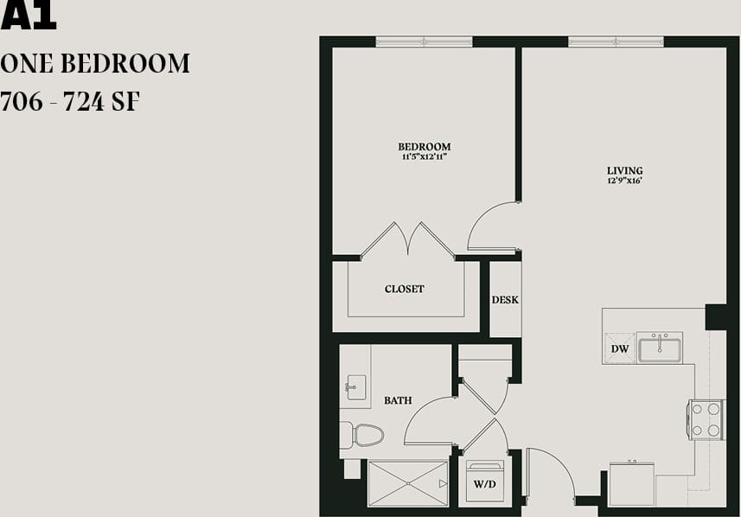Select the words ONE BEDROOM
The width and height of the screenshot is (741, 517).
click(x=95, y=63)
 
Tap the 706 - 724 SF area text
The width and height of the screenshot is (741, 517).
click(x=71, y=102)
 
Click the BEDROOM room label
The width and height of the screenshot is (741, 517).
click(x=424, y=147)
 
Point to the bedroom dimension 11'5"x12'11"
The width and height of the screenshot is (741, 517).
click(x=424, y=156)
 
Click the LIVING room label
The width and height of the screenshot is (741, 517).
click(x=624, y=170)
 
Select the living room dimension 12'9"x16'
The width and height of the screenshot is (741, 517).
click(x=624, y=181)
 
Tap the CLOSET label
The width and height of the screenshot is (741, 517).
click(x=404, y=289)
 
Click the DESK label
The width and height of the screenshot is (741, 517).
click(x=505, y=300)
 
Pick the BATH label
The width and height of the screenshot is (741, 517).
click(x=398, y=400)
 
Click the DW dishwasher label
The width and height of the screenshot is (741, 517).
click(x=619, y=349)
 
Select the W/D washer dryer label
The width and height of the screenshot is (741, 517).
click(x=484, y=485)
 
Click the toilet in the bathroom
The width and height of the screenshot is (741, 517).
click(x=362, y=435)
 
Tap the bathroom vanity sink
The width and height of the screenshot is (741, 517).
click(x=355, y=386)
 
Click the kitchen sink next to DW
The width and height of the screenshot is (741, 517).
click(x=659, y=348)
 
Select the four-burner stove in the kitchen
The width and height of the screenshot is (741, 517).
click(x=705, y=419)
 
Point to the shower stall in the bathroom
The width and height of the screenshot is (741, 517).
click(x=407, y=483)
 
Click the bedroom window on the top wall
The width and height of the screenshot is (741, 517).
click(x=424, y=41)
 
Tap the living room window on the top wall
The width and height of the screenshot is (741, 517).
click(x=616, y=41)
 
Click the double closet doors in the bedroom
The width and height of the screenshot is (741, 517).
click(x=407, y=239)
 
